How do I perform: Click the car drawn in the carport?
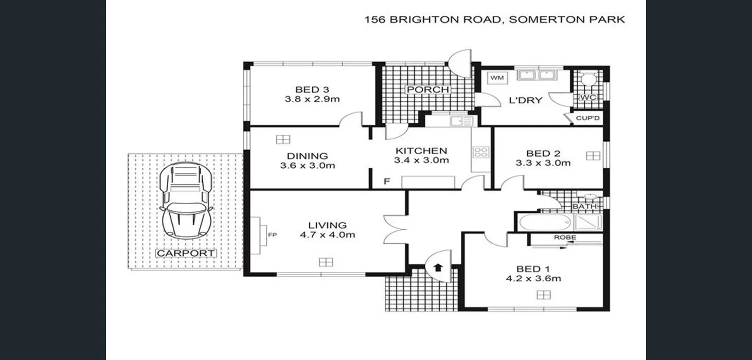point(186,201)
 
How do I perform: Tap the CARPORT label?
point(186,253)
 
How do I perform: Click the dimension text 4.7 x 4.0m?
point(328,235)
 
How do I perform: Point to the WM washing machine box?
point(496,78)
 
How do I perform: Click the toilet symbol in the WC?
point(587,80)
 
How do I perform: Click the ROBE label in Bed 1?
point(564,238)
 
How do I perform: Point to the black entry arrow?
point(438,267)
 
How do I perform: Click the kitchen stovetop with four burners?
point(481,152)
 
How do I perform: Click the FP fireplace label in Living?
point(272,235)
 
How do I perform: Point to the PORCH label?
point(427,90)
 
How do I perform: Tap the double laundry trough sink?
point(536,76)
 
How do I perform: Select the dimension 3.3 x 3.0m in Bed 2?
point(543,163)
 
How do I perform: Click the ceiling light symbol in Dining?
point(282,139)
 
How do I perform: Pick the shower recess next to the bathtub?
point(587,223)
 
